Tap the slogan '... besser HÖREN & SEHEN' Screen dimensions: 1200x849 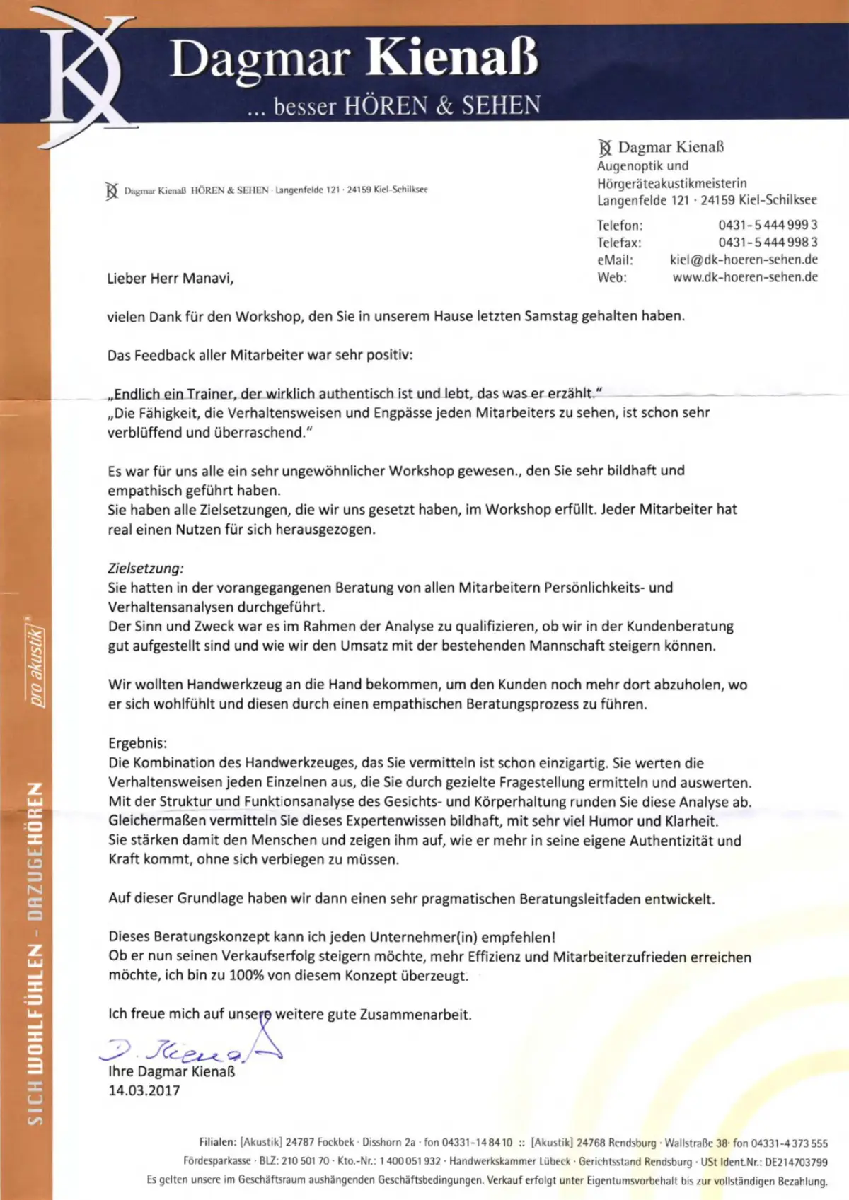[393, 106]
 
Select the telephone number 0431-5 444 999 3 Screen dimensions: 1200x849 [768, 225]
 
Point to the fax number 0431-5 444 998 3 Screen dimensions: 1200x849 [768, 242]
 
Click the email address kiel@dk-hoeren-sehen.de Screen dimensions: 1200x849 [744, 260]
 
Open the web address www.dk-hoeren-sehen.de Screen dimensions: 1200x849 [745, 277]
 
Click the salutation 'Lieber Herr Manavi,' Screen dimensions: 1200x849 [170, 279]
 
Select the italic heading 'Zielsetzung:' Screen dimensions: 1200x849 [146, 568]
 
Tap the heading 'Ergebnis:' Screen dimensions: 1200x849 [138, 743]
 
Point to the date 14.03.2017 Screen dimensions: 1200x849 [144, 1090]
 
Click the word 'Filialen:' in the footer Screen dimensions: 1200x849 [218, 1142]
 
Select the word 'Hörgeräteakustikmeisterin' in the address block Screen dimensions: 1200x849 [671, 183]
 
